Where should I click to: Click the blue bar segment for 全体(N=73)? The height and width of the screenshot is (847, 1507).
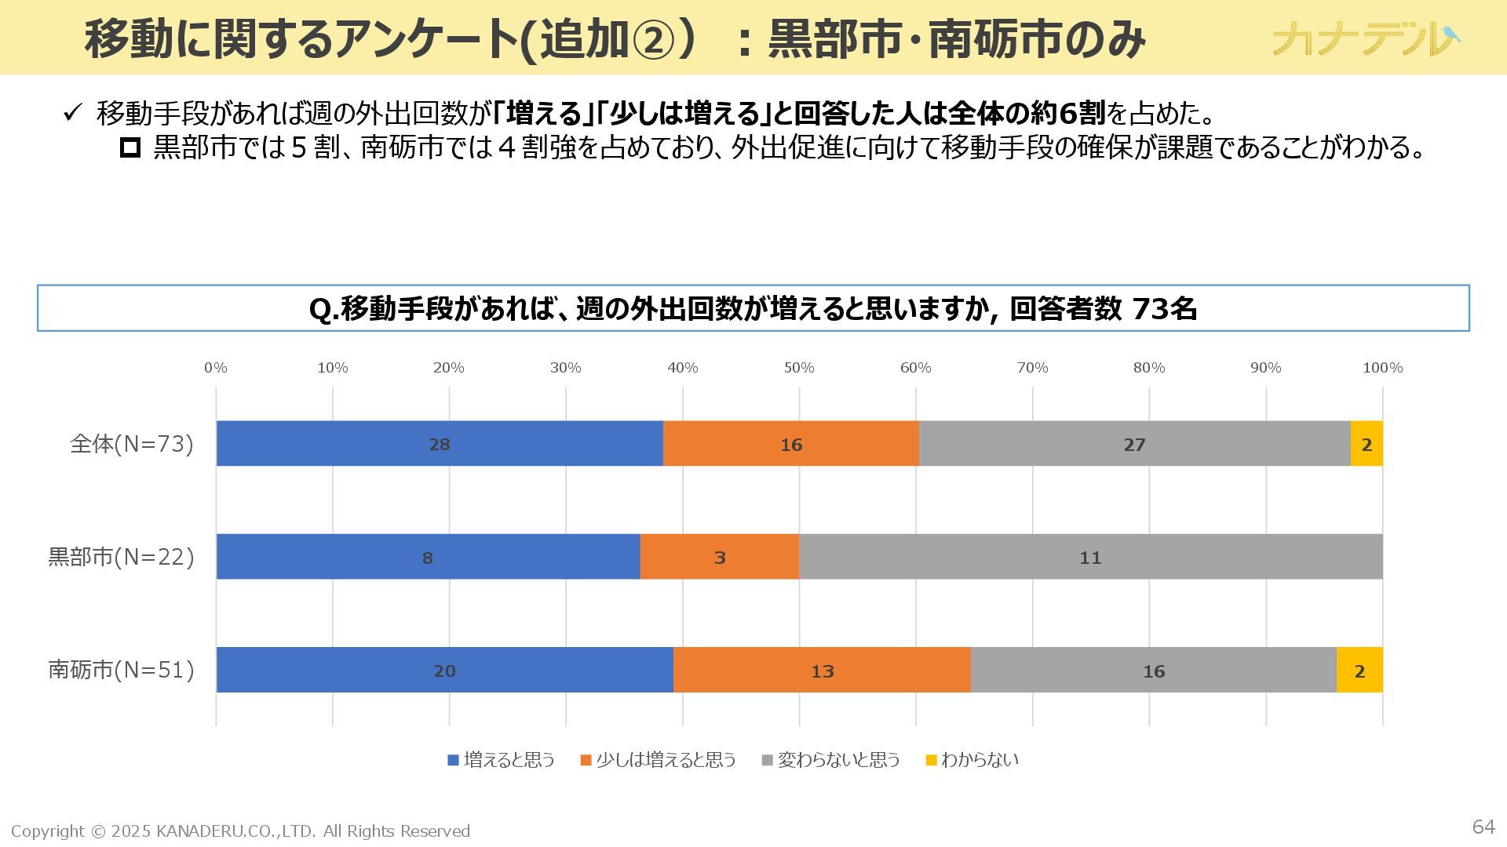(x=440, y=444)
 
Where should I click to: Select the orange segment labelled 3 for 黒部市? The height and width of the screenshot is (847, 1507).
(x=719, y=557)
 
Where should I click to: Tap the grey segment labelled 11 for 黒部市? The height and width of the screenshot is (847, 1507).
(x=1090, y=557)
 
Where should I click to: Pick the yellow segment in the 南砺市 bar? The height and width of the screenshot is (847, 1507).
(x=1359, y=671)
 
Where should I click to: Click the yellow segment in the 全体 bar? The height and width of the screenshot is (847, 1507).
(x=1367, y=444)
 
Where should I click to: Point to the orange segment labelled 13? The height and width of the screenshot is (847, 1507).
(x=822, y=671)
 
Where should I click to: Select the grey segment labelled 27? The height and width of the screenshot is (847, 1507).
(x=1134, y=444)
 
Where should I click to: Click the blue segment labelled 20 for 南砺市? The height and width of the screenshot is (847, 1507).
(x=444, y=671)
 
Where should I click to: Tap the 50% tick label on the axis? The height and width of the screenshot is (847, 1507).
(x=799, y=368)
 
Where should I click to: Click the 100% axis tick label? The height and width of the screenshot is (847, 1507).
(x=1382, y=368)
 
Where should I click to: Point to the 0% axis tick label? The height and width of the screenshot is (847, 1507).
(x=216, y=368)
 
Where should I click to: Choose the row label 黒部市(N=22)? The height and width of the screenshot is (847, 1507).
(x=121, y=557)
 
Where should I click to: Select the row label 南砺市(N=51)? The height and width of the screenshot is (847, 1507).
(x=121, y=670)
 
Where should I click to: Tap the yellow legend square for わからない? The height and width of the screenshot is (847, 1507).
(x=932, y=760)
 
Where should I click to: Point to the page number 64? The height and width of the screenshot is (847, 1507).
(x=1483, y=827)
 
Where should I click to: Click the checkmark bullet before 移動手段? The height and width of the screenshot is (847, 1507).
(x=71, y=114)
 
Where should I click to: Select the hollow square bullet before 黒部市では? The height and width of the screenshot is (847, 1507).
(x=130, y=147)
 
